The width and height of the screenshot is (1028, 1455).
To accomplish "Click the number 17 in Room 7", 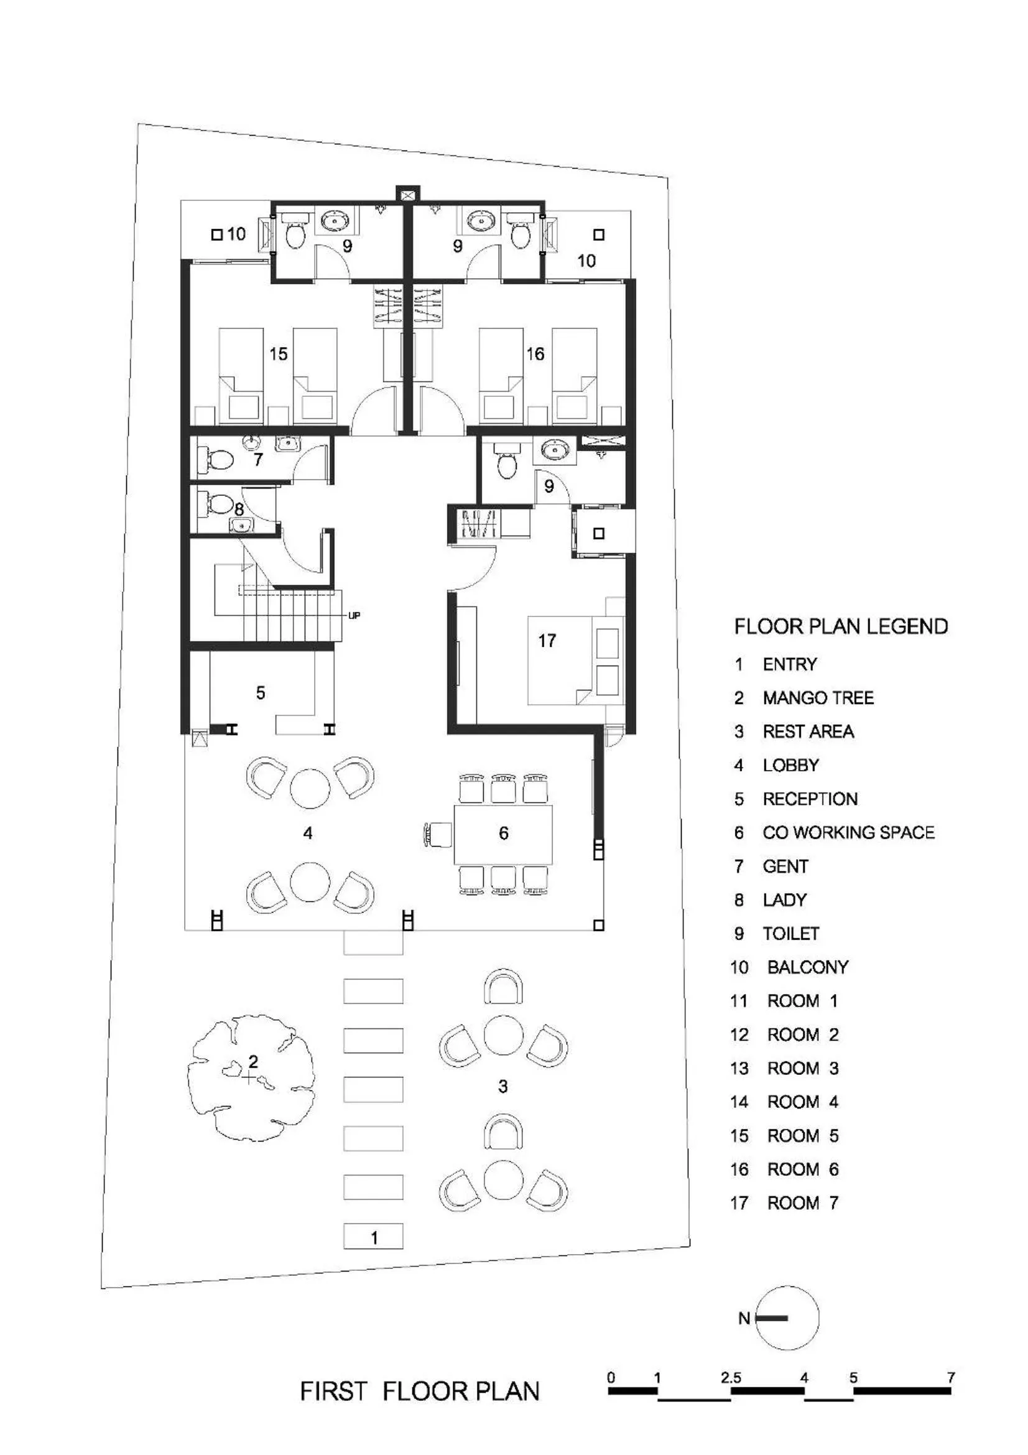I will tap(547, 641).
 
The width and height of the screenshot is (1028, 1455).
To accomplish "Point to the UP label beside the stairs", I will tap(354, 615).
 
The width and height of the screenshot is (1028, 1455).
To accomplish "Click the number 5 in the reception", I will tap(261, 692).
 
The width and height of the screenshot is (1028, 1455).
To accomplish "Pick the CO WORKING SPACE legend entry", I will tap(848, 833).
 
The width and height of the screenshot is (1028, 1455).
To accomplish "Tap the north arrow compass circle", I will tap(787, 1318).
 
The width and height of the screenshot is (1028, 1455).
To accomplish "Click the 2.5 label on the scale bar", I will tap(730, 1378).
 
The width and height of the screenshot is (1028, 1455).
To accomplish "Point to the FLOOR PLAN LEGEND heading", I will tap(841, 627).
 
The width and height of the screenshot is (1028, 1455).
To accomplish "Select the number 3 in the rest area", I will tap(502, 1087).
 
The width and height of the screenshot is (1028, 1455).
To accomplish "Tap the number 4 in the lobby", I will tap(308, 834).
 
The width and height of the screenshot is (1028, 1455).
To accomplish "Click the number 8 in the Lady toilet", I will tap(239, 509).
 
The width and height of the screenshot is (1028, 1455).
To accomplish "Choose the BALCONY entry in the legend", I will tap(807, 967).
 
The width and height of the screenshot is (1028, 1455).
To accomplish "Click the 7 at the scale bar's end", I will tap(951, 1377).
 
